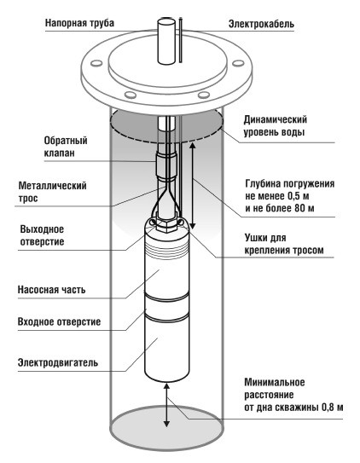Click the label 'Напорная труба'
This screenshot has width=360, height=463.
tap(79, 23)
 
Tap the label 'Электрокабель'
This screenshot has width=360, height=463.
tap(261, 24)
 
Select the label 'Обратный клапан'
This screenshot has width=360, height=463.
tap(66, 147)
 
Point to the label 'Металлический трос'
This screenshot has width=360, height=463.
tap(53, 192)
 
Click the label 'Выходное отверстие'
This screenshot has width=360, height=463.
tap(42, 235)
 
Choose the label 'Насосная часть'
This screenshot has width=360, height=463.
tap(52, 290)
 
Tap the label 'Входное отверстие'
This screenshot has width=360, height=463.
tap(60, 321)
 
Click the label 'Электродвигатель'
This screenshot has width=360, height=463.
tap(58, 362)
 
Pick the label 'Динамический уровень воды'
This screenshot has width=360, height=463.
tap(276, 125)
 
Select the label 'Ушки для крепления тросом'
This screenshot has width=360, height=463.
tap(284, 244)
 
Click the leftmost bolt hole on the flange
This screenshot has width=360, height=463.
tap(96, 63)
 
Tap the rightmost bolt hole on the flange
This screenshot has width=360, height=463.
tap(238, 63)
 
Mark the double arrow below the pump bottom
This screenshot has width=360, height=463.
tap(167, 405)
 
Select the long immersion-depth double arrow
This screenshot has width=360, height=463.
tap(193, 186)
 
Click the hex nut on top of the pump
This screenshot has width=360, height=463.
tap(165, 226)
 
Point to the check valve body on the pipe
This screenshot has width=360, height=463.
tap(166, 166)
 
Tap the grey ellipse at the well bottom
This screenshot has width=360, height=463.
tap(167, 427)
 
